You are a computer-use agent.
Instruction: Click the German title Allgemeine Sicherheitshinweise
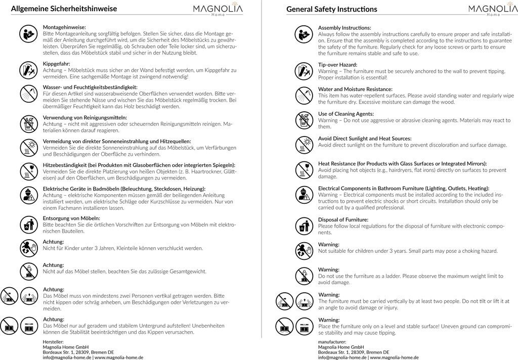[x=64, y=9]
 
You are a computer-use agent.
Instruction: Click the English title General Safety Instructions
[x=331, y=9]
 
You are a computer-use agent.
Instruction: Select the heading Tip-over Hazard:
[x=337, y=65]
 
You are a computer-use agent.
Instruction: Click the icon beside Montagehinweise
[x=28, y=34]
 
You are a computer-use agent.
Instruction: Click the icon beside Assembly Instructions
[x=303, y=34]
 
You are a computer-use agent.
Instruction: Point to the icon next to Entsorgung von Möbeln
[x=28, y=224]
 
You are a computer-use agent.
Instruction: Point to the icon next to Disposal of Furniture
[x=303, y=227]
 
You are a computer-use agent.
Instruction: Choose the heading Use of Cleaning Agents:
[x=346, y=114]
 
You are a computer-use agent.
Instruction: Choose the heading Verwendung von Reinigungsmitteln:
[x=85, y=117]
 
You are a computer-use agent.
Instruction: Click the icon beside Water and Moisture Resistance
[x=303, y=95]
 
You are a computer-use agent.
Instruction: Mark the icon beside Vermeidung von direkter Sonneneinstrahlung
[x=28, y=147]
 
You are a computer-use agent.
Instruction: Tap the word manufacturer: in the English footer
[x=332, y=342]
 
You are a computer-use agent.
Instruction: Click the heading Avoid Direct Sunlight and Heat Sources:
[x=365, y=139]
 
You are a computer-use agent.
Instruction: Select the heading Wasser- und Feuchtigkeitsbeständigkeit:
[x=90, y=87]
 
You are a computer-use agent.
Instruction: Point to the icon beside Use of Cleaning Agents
[x=303, y=120]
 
